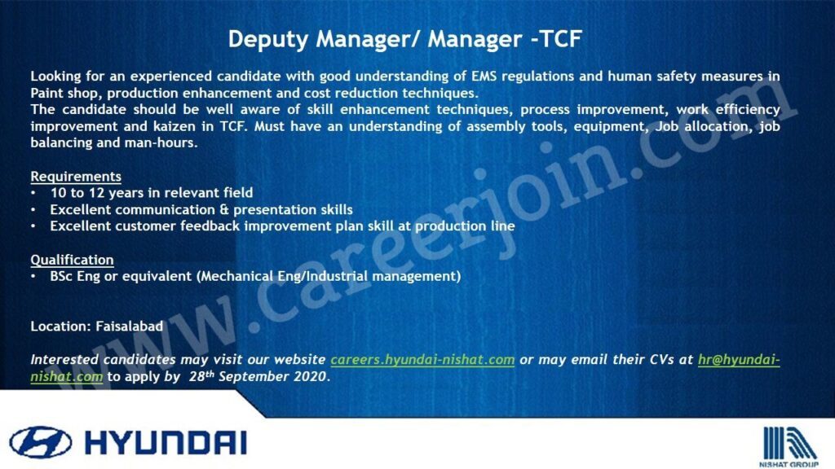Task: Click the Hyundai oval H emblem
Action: point(41,442)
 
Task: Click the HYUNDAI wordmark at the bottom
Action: point(166,443)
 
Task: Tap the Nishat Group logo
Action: point(789,446)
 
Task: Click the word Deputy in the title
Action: point(267,40)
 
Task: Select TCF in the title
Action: point(561,39)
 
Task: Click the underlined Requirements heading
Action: point(76,177)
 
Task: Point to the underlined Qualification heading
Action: point(72,260)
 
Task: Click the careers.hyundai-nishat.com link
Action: point(422,360)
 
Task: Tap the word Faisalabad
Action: point(130,326)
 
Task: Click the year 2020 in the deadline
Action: point(310,376)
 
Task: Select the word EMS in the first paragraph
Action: point(484,76)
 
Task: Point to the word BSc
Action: point(60,277)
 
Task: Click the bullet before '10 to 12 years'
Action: point(33,193)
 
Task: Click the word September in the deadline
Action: point(254,376)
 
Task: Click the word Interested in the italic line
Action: point(64,359)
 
